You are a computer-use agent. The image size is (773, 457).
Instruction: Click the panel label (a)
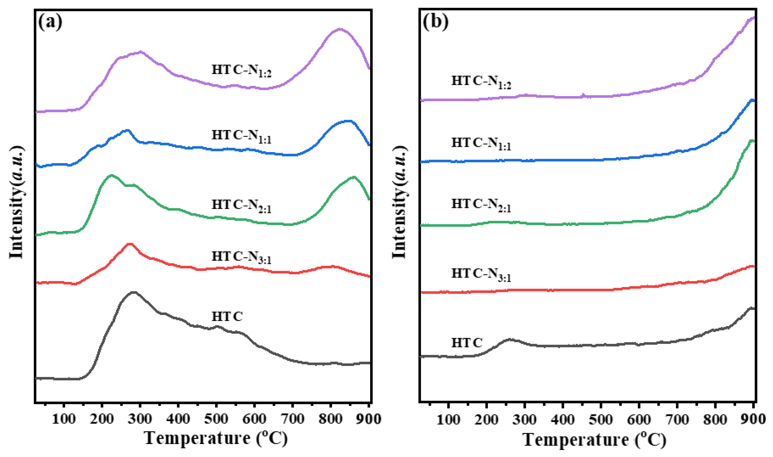pos(50,22)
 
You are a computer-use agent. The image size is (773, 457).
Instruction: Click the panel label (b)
pos(436,22)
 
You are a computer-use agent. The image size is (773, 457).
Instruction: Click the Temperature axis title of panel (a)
pos(215,439)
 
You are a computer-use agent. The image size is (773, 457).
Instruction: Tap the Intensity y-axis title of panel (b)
pos(399,202)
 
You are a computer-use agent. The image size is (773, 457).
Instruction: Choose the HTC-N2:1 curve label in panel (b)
pos(481,205)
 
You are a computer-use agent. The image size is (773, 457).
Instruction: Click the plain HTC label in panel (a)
pos(227,317)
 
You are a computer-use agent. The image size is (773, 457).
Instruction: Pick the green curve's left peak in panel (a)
pos(111,175)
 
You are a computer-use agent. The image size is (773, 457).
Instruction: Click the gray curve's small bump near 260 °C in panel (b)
pos(509,340)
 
